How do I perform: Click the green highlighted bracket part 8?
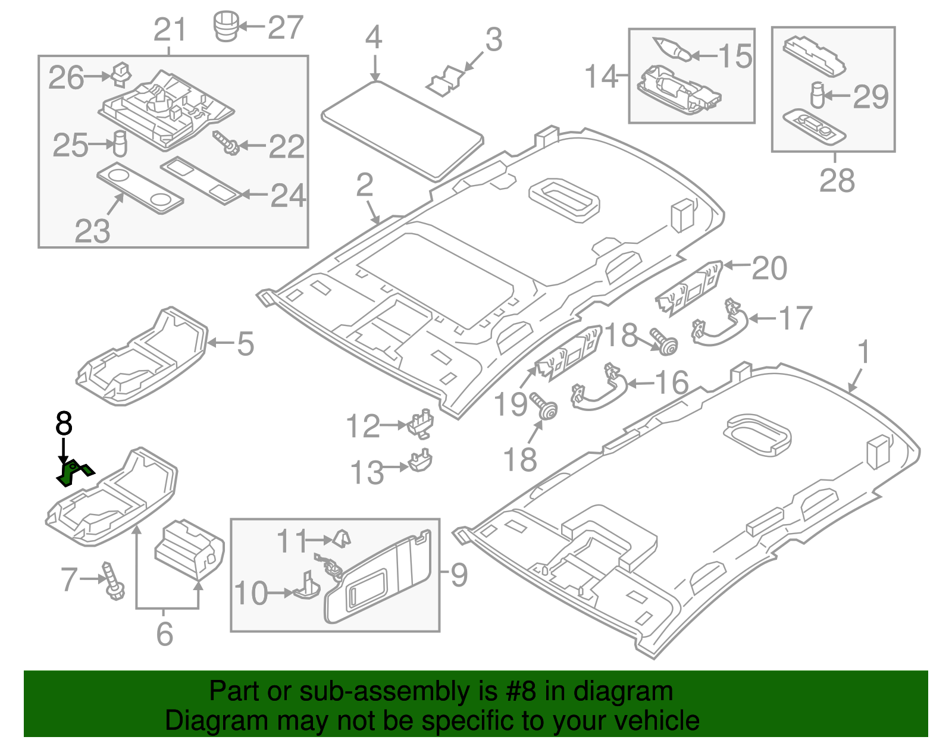pos(73,472)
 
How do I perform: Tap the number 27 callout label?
pos(285,27)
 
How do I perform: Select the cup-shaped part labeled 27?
pos(226,26)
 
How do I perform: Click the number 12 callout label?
pos(363,427)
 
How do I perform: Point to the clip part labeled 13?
pos(421,462)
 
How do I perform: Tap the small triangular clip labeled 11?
pos(342,538)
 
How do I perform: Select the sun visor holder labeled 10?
pos(306,586)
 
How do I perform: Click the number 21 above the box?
pos(170,30)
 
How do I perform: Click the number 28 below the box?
pos(837,180)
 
